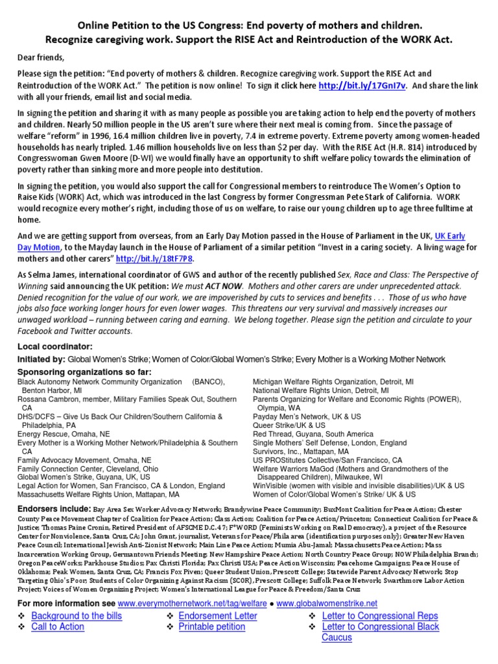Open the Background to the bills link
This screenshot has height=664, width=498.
coord(77,615)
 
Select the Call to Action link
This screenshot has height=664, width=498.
coord(58,626)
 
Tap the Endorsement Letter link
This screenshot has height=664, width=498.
coord(217,615)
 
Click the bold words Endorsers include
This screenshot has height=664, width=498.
coord(54,510)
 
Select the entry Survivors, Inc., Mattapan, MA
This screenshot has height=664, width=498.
coord(300,451)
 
